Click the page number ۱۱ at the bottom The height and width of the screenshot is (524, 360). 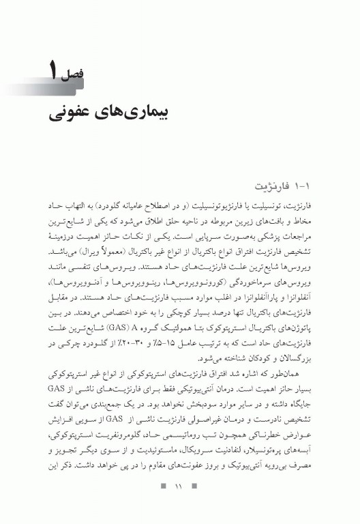click(180, 506)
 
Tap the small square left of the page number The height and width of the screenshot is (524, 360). click(162, 506)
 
